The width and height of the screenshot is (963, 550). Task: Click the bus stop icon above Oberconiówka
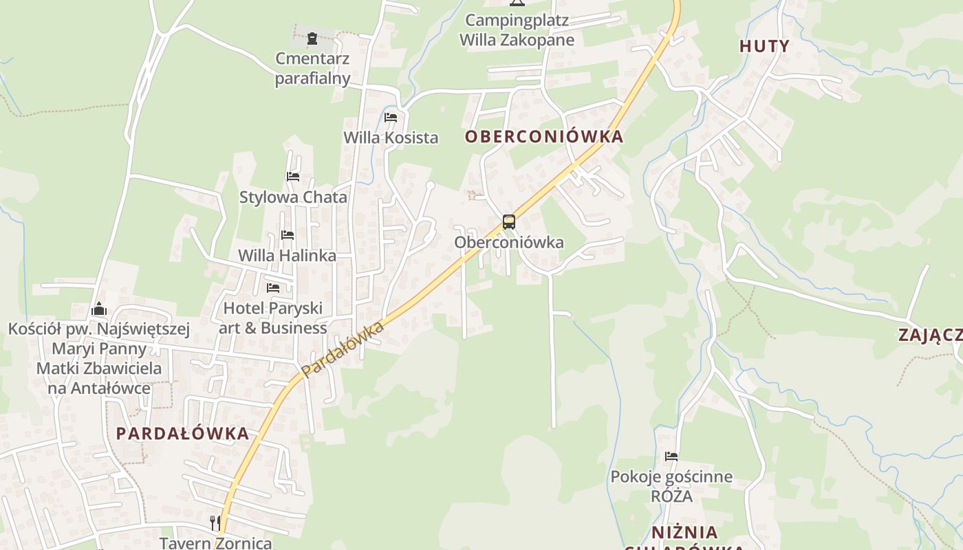point(509,222)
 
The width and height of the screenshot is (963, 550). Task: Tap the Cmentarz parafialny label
point(313,69)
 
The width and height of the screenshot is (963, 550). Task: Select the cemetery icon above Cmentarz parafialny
point(312,38)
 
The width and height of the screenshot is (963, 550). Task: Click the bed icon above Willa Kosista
point(391,118)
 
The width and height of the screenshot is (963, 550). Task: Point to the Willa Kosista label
point(391,137)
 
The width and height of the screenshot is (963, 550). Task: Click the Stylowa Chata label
point(293,197)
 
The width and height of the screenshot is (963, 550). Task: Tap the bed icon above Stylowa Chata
point(293,177)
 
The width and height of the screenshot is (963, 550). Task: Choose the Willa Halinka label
point(287,256)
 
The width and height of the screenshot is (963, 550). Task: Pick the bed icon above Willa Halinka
point(288,235)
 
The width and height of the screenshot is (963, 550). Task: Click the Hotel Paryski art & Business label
point(273,318)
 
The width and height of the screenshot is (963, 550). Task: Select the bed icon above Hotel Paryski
point(273,287)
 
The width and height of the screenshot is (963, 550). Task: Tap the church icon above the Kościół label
point(99,308)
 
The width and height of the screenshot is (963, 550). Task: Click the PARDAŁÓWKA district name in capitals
point(182,434)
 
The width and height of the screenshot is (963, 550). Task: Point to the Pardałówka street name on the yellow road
point(342,349)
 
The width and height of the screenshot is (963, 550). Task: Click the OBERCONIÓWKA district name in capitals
point(544,137)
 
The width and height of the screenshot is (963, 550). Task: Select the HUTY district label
point(764,46)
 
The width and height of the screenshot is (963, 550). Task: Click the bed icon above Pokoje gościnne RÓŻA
point(671,456)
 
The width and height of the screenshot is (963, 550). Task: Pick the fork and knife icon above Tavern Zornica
point(215,522)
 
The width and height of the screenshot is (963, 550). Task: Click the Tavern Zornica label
point(216,542)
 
